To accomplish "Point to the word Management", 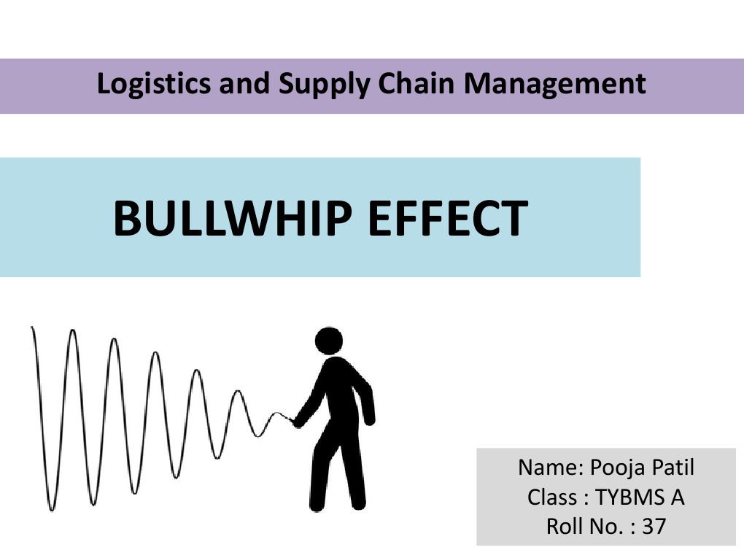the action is tap(556, 85).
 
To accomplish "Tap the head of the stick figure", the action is tap(329, 341).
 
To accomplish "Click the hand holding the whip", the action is tap(296, 422).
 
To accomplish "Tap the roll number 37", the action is tap(654, 525).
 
